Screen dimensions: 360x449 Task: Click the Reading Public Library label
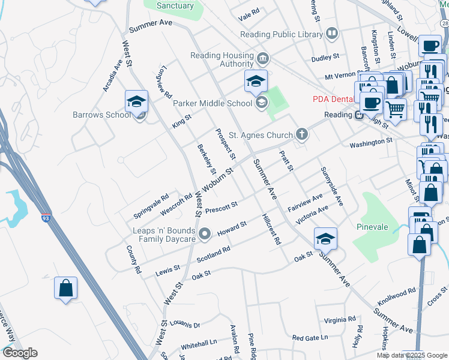click(x=281, y=34)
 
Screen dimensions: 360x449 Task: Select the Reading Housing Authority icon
click(x=262, y=59)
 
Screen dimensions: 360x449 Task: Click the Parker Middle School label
click(x=212, y=103)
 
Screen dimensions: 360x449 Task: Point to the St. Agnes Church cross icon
click(x=301, y=135)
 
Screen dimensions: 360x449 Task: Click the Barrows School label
click(x=101, y=115)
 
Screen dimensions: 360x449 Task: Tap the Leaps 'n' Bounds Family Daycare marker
click(x=205, y=233)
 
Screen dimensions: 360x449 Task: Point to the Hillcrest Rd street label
click(x=271, y=229)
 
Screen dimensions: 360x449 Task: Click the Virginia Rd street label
click(x=340, y=320)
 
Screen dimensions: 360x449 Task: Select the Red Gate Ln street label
click(x=310, y=338)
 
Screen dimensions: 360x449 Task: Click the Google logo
click(x=19, y=353)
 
